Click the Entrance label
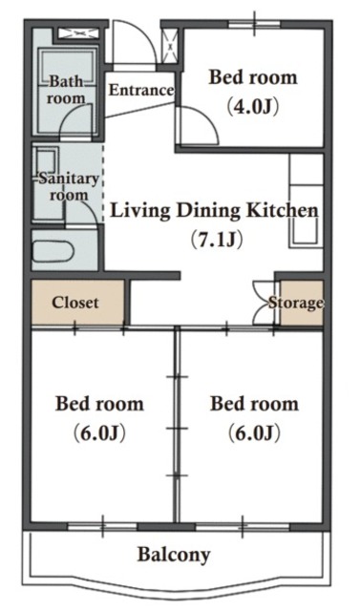(141, 90)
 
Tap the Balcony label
(174, 554)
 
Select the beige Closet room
(78, 302)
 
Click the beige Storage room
(302, 303)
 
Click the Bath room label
(66, 90)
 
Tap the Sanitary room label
(69, 187)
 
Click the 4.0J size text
(253, 106)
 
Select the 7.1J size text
(217, 239)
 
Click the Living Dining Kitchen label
(214, 211)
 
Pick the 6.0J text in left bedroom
(99, 432)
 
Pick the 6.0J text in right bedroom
(254, 432)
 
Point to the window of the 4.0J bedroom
(254, 24)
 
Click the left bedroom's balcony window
(103, 526)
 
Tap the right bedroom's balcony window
(243, 526)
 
